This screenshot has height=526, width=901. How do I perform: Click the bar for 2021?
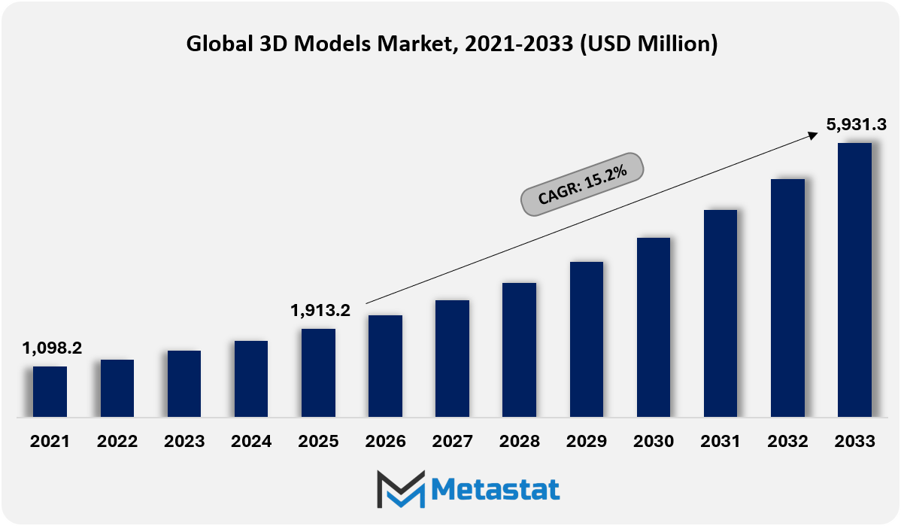click(50, 391)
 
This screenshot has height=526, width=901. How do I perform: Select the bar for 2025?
click(318, 372)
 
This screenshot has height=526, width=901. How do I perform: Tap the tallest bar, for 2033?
click(854, 279)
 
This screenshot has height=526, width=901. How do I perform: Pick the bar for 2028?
click(519, 349)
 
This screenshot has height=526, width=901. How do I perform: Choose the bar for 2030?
click(653, 327)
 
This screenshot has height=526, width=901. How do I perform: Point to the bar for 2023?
click(184, 383)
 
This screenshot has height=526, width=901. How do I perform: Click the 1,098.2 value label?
click(52, 348)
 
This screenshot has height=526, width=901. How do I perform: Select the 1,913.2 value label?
click(320, 310)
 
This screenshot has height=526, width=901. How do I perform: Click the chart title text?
click(451, 44)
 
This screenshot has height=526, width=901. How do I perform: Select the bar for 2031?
click(720, 313)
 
